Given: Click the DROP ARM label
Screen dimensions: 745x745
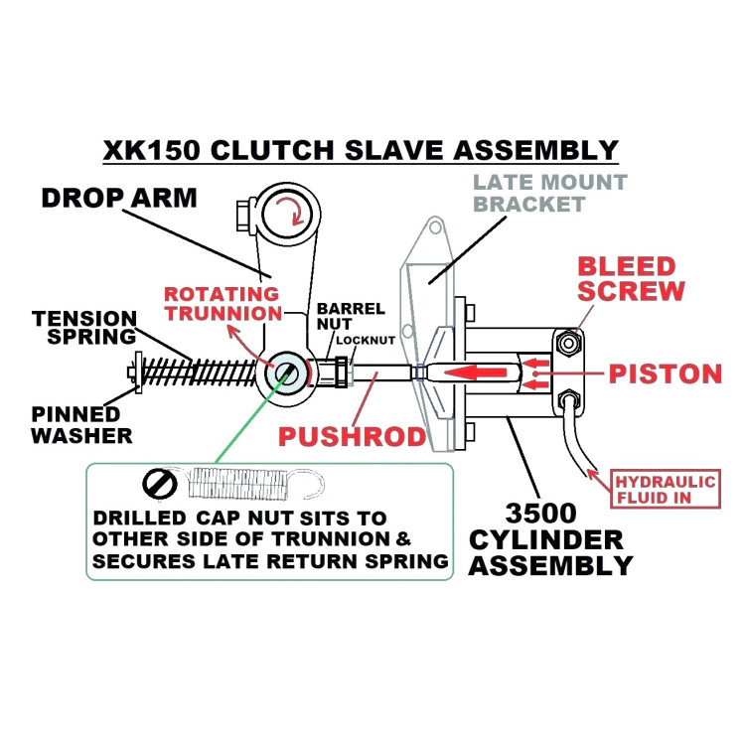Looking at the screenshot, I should pyautogui.click(x=119, y=198).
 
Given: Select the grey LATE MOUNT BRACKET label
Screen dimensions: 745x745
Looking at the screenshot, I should pyautogui.click(x=549, y=194).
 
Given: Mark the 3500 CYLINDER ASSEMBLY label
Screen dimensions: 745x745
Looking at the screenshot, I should pyautogui.click(x=550, y=540).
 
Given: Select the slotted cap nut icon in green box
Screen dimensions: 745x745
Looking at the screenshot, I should pyautogui.click(x=159, y=484).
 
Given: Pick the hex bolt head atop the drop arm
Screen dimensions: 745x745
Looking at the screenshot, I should pyautogui.click(x=243, y=213).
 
